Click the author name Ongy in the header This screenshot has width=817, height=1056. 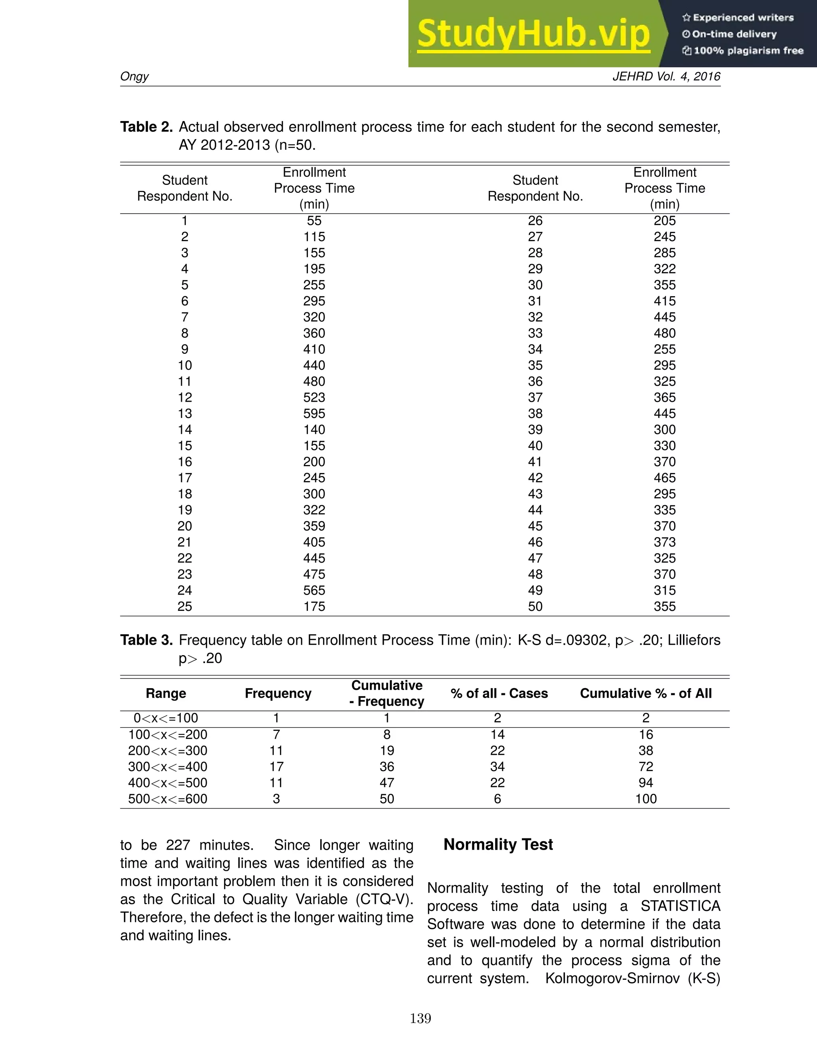[x=134, y=77]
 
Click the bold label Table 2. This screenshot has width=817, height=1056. [x=146, y=127]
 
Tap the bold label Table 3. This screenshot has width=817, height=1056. [x=146, y=640]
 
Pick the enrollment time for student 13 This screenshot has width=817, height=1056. [x=314, y=413]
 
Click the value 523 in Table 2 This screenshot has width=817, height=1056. [x=314, y=397]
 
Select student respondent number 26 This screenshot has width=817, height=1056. [x=535, y=221]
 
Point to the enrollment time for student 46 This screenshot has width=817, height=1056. [x=665, y=542]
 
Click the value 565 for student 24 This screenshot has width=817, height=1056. [x=314, y=591]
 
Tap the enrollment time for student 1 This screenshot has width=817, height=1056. [x=314, y=221]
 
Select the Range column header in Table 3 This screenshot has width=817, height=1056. [x=166, y=693]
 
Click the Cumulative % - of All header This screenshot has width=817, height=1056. [x=646, y=693]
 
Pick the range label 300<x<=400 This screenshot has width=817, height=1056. [x=168, y=767]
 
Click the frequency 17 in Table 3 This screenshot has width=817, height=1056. [x=276, y=767]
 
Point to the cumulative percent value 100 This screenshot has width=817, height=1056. [x=646, y=799]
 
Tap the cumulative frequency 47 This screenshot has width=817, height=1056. [x=387, y=783]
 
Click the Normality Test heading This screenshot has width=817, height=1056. [x=498, y=844]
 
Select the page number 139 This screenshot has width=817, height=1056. [x=420, y=1019]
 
